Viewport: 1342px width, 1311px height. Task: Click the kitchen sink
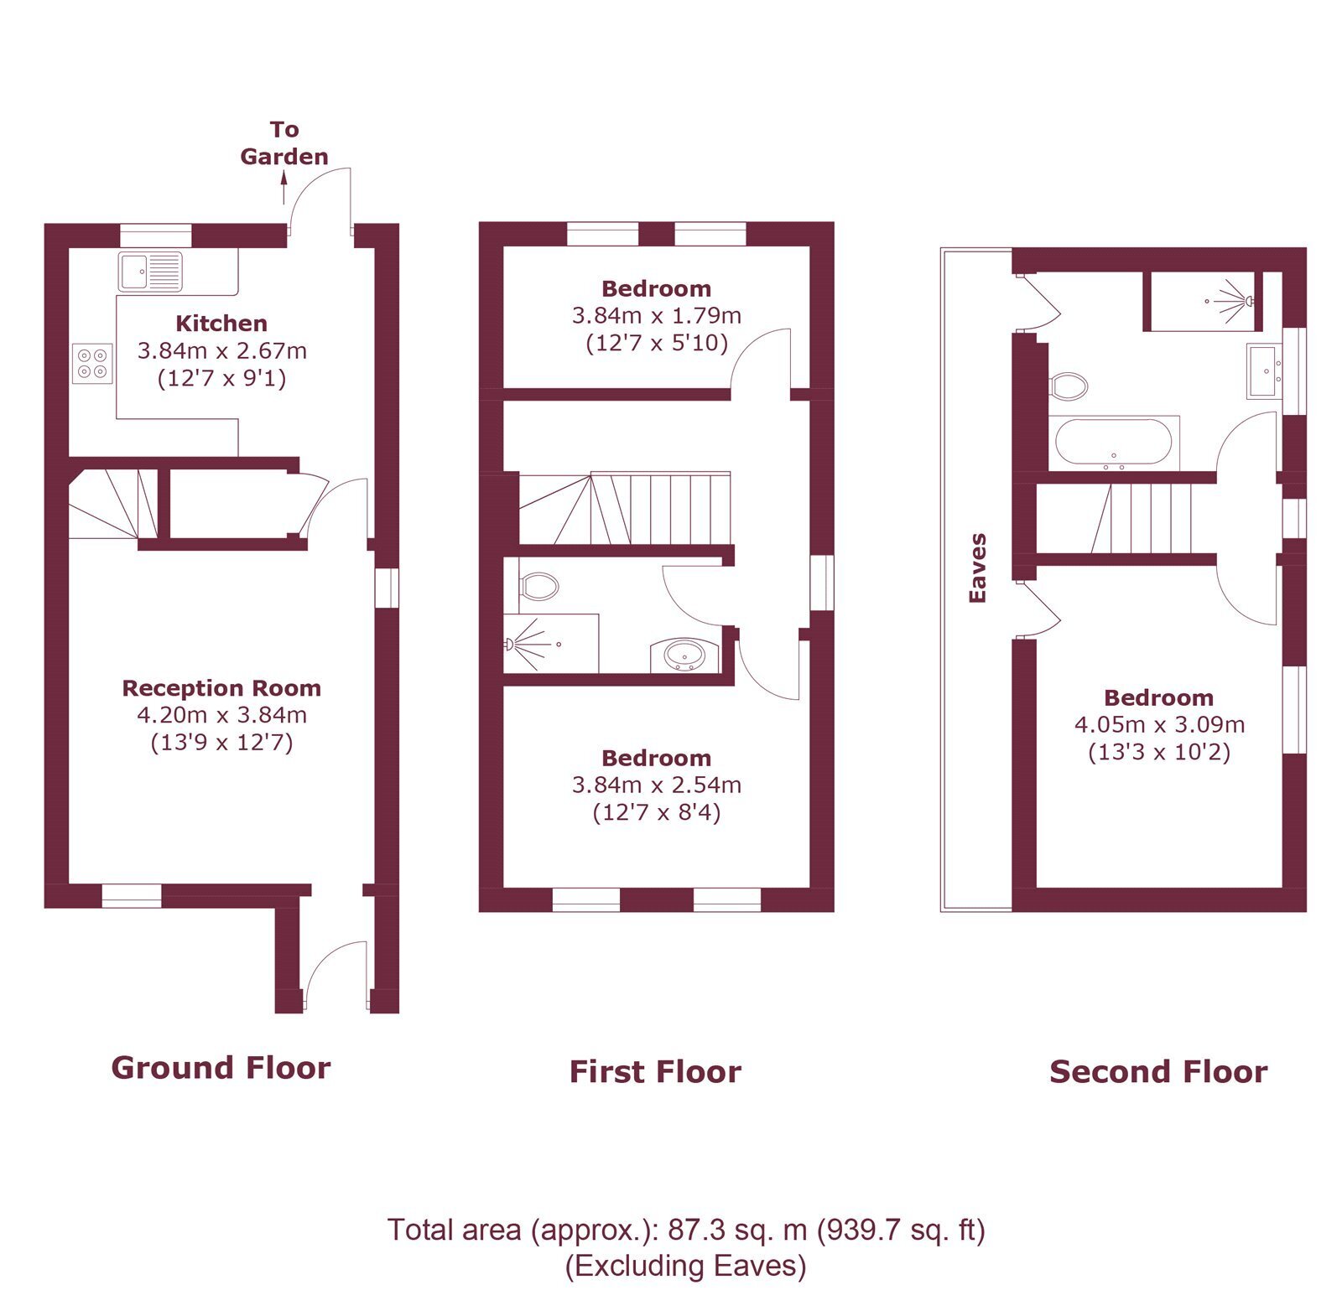point(150,272)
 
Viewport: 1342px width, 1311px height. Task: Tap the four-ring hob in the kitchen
point(92,363)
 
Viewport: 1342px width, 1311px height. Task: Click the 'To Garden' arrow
point(283,187)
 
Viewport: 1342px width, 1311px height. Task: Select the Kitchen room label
point(221,324)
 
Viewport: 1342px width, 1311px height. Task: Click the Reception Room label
point(221,688)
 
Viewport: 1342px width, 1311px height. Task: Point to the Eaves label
point(977,568)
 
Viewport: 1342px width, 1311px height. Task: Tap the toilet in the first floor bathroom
point(538,586)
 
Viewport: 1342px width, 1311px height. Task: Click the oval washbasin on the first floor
point(685,654)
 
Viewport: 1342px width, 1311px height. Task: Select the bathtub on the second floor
point(1113,442)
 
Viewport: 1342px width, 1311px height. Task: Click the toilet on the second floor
point(1068,386)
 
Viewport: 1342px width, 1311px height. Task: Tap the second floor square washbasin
point(1265,370)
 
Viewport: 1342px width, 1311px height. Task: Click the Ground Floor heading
point(221,1068)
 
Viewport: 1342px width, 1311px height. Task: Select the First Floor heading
point(656,1072)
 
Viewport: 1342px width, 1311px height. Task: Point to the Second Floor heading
point(1158,1072)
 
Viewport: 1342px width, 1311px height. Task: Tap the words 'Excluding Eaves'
point(685,1265)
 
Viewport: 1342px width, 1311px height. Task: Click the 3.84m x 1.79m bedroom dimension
point(657,316)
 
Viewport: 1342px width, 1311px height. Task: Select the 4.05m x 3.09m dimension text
point(1159,725)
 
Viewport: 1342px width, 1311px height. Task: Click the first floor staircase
point(625,509)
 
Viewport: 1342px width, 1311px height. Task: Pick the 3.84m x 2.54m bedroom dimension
point(657,785)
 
